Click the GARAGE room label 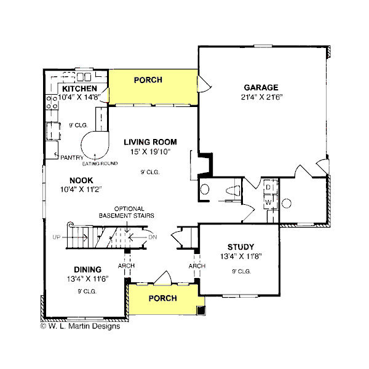261,87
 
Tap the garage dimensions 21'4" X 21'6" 261,97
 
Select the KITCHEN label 79,89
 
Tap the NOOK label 81,180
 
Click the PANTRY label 71,157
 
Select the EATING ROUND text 100,164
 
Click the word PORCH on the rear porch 148,80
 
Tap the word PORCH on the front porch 162,298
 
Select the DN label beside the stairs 154,236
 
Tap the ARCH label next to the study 197,266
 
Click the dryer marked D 269,187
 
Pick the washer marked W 269,202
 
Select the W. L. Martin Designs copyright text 81,327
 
